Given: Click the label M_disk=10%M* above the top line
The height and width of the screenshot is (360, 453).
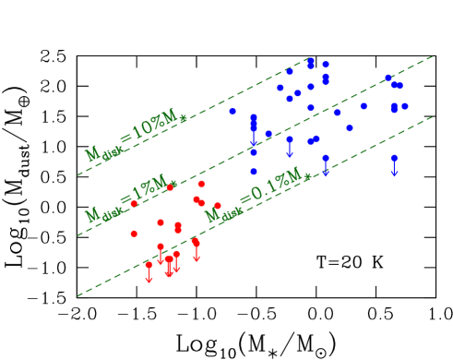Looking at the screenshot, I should click(135, 140).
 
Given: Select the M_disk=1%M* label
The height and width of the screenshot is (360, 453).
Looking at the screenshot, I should click(130, 200).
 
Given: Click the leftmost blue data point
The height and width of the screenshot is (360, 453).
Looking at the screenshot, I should click(232, 112).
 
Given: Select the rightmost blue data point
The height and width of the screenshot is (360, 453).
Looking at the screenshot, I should click(404, 106).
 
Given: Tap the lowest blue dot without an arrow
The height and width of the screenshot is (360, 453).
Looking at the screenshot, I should click(254, 171).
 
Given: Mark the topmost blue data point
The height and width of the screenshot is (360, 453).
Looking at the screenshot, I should click(311, 61).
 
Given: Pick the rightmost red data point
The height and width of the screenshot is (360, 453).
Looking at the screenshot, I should click(217, 206).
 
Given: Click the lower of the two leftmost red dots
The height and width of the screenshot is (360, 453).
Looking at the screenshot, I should click(134, 234).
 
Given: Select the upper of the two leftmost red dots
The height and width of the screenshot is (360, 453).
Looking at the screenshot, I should click(134, 204).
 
